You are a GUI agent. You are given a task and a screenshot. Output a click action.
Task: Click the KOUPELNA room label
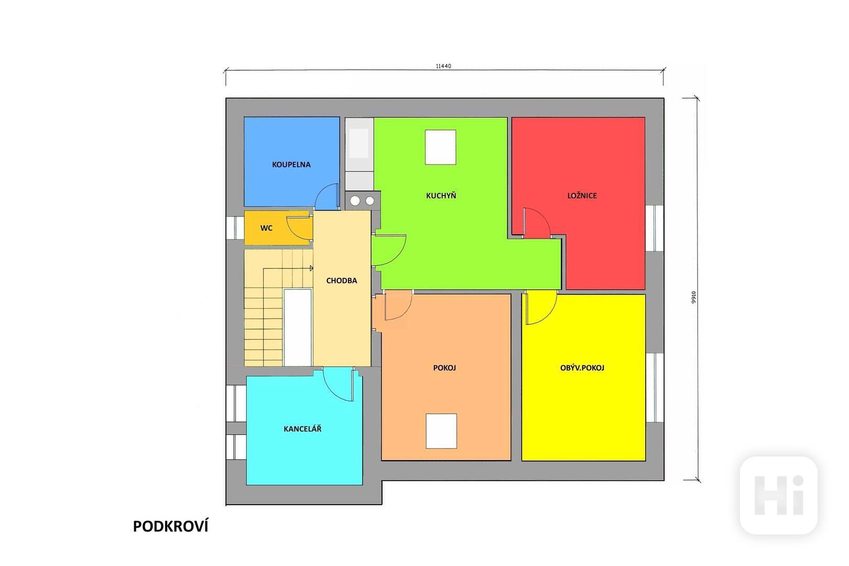pyautogui.click(x=291, y=165)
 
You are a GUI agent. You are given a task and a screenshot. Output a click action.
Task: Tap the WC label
pyautogui.click(x=266, y=228)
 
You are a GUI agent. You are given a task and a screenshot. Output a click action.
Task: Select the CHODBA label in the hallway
pyautogui.click(x=342, y=280)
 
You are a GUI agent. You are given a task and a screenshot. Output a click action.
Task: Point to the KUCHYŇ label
pyautogui.click(x=441, y=195)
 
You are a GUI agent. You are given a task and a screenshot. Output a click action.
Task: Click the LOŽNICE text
pyautogui.click(x=582, y=195)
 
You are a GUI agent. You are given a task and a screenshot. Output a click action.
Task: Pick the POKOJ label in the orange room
pyautogui.click(x=444, y=368)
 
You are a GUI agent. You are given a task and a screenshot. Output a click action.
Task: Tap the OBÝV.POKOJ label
pyautogui.click(x=582, y=368)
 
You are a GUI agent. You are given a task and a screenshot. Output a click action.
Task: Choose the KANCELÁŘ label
pyautogui.click(x=302, y=429)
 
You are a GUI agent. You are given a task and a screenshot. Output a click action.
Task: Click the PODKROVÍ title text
pyautogui.click(x=170, y=526)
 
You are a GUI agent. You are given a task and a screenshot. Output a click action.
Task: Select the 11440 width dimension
pyautogui.click(x=443, y=66)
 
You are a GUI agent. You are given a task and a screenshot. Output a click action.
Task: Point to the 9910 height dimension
pyautogui.click(x=693, y=297)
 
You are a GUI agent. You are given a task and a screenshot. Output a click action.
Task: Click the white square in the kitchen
pyautogui.click(x=440, y=147)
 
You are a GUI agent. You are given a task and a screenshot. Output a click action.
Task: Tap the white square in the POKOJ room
pyautogui.click(x=441, y=431)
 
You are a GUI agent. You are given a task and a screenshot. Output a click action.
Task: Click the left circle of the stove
pyautogui.click(x=355, y=201)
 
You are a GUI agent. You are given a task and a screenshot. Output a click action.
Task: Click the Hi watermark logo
pyautogui.click(x=779, y=495)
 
